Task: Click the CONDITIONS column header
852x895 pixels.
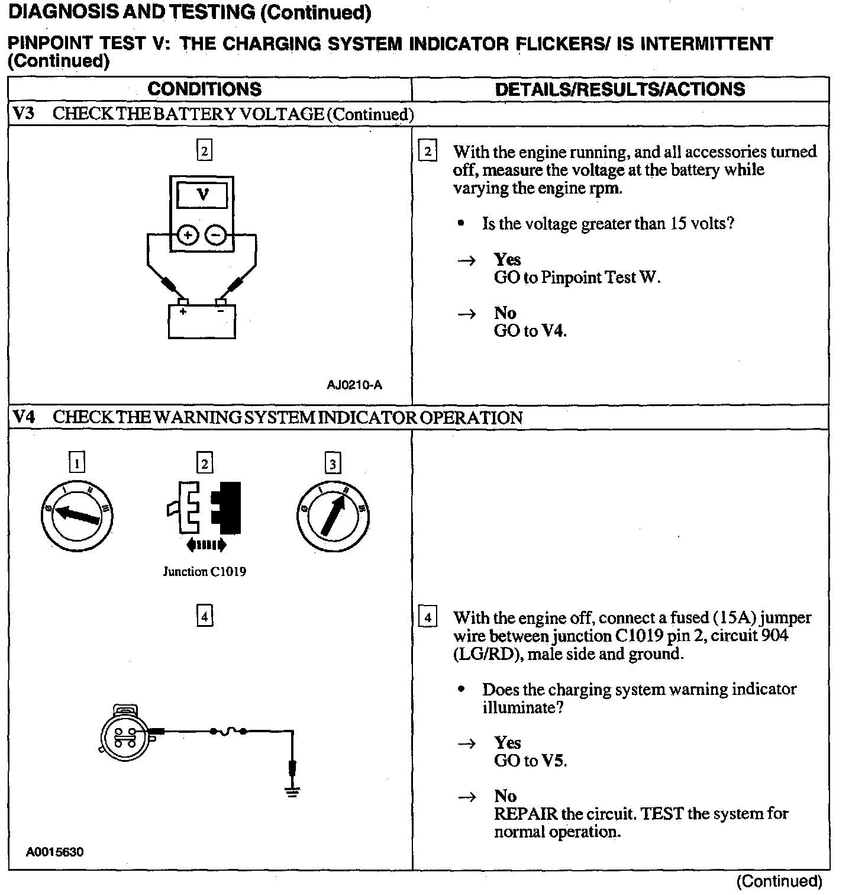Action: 204,89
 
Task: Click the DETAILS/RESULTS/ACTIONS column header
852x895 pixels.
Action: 619,89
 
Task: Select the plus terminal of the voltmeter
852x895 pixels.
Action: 188,236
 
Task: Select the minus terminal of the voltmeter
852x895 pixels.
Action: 215,236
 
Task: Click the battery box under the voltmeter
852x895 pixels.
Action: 202,321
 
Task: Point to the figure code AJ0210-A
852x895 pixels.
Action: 354,385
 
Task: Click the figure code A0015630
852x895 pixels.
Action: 54,852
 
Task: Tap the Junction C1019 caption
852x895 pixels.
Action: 204,572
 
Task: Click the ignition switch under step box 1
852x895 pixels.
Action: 77,515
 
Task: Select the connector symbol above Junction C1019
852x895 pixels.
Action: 204,508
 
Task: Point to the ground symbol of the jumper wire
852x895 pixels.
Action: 292,791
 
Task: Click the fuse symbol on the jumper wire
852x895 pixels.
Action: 228,732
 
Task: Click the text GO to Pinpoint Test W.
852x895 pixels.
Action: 577,278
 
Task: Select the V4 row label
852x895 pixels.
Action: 23,417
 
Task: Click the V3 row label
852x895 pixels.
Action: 23,114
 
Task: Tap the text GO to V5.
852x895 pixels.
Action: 530,761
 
